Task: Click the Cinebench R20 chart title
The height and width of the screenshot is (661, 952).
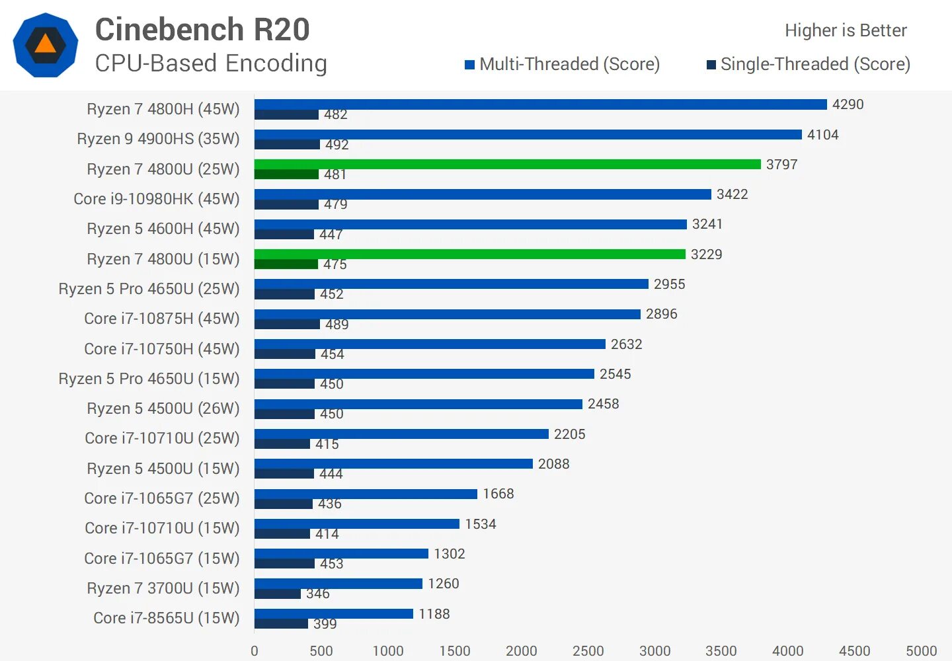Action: [202, 30]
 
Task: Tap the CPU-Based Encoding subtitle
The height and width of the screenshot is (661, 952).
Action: [211, 63]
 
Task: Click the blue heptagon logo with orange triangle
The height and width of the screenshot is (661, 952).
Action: [46, 45]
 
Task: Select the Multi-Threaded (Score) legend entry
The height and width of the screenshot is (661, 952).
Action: [562, 64]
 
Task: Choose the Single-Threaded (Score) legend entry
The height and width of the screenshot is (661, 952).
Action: [809, 64]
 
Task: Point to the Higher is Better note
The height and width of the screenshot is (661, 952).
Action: [846, 30]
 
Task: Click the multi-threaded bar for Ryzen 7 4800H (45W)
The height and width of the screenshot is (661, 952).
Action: [540, 104]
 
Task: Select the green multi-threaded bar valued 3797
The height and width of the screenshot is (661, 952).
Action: [507, 164]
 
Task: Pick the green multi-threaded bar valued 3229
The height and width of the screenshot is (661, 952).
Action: [469, 254]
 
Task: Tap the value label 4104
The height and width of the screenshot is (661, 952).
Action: [822, 135]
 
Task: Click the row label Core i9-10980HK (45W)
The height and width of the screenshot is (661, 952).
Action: [157, 199]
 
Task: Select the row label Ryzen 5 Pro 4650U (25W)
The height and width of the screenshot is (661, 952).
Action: [149, 289]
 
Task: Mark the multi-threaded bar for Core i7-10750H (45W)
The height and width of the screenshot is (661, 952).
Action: [430, 344]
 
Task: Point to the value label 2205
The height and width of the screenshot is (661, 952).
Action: [569, 434]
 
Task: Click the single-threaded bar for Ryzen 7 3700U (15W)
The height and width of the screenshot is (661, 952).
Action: [278, 594]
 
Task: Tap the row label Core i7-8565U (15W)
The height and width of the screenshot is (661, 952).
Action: [167, 618]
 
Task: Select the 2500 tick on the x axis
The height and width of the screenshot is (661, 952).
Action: [588, 651]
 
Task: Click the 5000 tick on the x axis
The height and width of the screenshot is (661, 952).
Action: [921, 651]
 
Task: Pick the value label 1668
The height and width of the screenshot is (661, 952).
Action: [498, 494]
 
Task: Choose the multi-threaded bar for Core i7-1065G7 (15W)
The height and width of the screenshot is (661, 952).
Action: [341, 553]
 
